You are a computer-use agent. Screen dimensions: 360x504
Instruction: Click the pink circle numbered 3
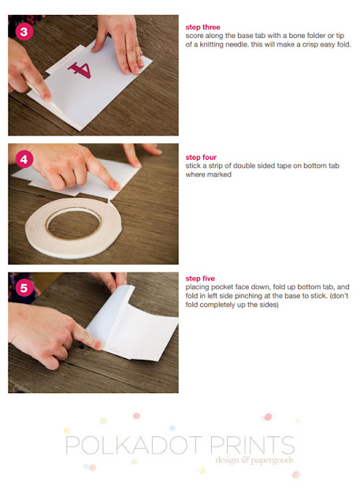pos(24,31)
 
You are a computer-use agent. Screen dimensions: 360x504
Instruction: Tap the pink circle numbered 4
pos(24,159)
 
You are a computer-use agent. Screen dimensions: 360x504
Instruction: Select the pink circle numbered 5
pos(24,288)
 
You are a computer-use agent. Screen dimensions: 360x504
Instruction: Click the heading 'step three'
pos(202,28)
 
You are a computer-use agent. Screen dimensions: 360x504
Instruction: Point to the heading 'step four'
pos(201,157)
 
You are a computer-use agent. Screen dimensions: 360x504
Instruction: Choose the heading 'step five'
pos(200,278)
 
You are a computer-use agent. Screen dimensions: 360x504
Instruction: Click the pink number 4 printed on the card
pos(80,70)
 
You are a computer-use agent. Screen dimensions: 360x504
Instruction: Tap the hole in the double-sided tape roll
pos(74,224)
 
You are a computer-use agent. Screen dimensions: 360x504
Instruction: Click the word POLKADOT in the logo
pos(134,445)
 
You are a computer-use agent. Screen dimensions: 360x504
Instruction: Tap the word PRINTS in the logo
pos(252,445)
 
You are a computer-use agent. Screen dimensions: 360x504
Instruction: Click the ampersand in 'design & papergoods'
pos(245,460)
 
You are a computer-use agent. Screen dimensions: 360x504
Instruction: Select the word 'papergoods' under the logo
pos(273,460)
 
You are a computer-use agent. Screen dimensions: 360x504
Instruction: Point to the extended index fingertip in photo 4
pos(116,186)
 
